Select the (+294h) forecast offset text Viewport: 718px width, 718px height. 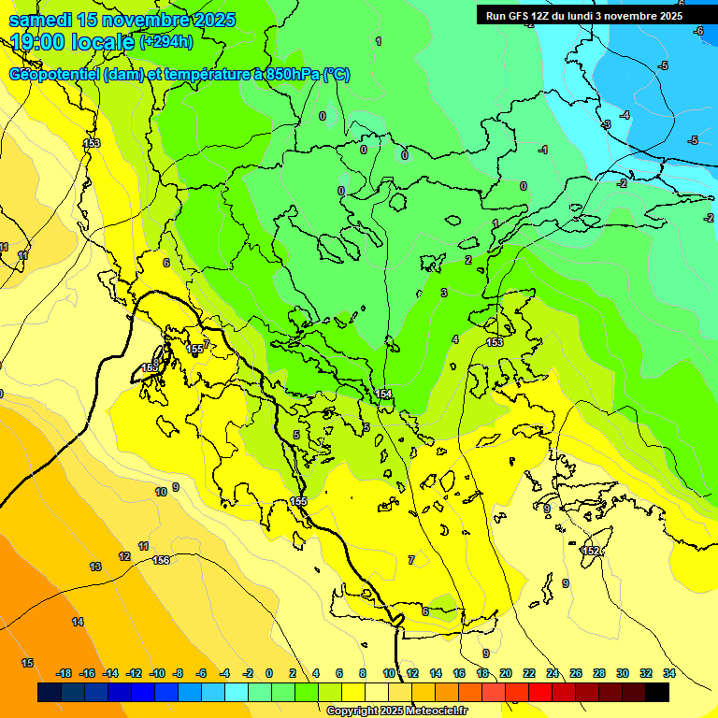pyautogui.click(x=166, y=42)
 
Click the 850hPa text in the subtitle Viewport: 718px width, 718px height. pyautogui.click(x=293, y=75)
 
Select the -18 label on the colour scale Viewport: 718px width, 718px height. pyautogui.click(x=64, y=673)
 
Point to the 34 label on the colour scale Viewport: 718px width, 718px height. pyautogui.click(x=668, y=673)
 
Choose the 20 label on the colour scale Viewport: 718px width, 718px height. pyautogui.click(x=506, y=673)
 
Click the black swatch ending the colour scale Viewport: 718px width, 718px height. pyautogui.click(x=656, y=692)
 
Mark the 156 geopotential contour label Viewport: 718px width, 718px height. pyautogui.click(x=161, y=560)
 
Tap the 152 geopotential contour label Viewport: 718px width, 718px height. pyautogui.click(x=590, y=551)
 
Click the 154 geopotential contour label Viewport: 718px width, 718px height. pyautogui.click(x=384, y=395)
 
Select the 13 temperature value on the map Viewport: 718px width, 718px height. pyautogui.click(x=95, y=567)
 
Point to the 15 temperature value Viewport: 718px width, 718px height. pyautogui.click(x=27, y=663)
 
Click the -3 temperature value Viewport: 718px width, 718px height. pyautogui.click(x=606, y=124)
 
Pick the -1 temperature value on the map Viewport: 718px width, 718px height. pyautogui.click(x=543, y=150)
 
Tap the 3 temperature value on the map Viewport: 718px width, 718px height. pyautogui.click(x=444, y=293)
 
